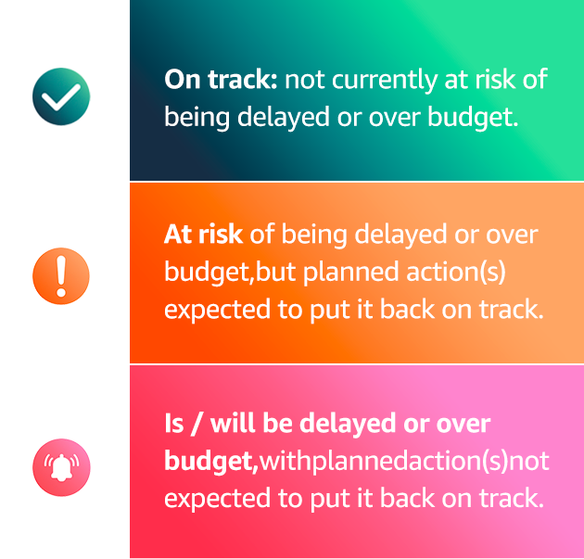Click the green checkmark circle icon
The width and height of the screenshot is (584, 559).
click(x=61, y=96)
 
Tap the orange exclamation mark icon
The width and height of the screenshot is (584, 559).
click(x=61, y=276)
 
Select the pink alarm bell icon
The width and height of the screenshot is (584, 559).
click(x=61, y=467)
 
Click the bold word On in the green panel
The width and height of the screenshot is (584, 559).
click(x=183, y=80)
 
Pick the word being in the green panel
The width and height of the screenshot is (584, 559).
click(x=197, y=118)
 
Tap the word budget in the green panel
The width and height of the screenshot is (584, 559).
click(x=473, y=118)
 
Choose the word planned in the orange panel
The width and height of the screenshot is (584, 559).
click(x=350, y=273)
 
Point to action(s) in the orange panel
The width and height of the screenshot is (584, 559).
click(x=456, y=273)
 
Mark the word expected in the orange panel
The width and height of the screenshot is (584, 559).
click(x=218, y=311)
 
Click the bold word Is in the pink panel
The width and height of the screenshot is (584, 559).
click(x=174, y=424)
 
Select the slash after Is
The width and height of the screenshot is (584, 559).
click(x=197, y=425)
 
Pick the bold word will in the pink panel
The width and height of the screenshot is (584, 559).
click(x=234, y=423)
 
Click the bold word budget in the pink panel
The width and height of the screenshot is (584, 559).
click(x=209, y=462)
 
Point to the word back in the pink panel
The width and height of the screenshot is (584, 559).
click(x=408, y=499)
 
